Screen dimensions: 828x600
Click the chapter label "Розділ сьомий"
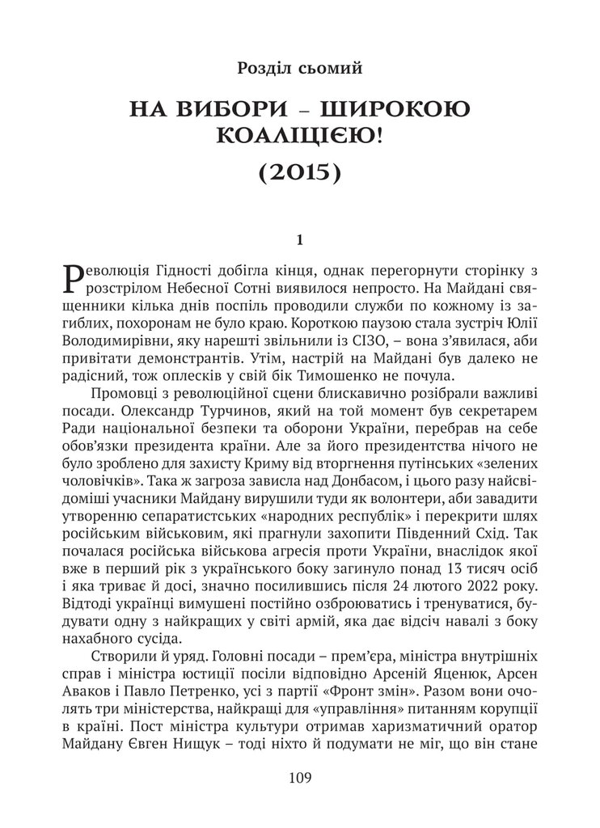pos(299,69)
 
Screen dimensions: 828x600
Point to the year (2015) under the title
pos(299,172)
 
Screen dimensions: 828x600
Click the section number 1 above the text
pos(299,239)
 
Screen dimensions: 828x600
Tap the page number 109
pos(299,778)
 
